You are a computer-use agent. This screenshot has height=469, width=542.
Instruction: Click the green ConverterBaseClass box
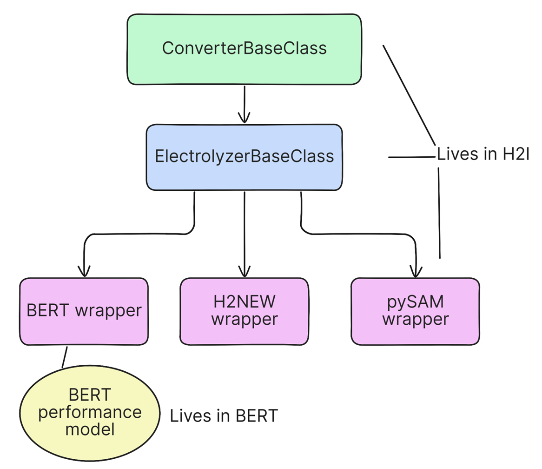(x=244, y=49)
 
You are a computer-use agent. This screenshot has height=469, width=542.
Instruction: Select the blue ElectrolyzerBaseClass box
(x=244, y=157)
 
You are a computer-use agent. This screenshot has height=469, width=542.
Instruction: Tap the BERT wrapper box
(x=84, y=311)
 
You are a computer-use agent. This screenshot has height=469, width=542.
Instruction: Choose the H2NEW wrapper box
(x=244, y=311)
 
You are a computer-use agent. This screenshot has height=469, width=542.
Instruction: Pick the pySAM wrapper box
(x=415, y=311)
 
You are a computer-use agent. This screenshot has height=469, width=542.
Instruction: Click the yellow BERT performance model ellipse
(x=89, y=412)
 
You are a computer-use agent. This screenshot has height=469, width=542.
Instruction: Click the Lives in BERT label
(x=224, y=416)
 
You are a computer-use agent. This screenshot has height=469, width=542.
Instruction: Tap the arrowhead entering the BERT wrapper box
(x=84, y=270)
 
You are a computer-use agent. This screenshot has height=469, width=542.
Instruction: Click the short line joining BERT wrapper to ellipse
(x=65, y=357)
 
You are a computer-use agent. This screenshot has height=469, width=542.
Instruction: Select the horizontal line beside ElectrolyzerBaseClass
(x=411, y=157)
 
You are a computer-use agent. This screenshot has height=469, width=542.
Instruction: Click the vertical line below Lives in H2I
(x=439, y=212)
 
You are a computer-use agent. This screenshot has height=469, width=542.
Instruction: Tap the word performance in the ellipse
(x=89, y=412)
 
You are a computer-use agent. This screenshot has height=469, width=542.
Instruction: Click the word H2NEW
(x=245, y=302)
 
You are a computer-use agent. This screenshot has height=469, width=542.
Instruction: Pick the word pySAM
(x=415, y=302)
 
